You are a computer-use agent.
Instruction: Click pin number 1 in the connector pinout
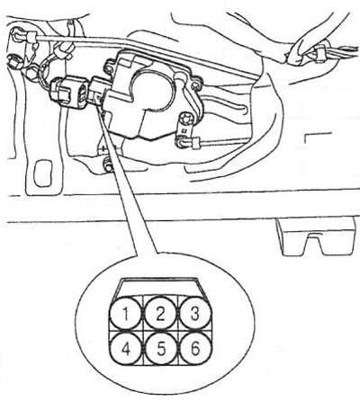coord(125,314)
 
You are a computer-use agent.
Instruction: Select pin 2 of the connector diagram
coord(160,314)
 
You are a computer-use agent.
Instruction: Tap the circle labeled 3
coord(195,314)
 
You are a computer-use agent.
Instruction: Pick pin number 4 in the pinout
coord(126,348)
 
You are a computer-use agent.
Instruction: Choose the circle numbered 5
coord(161,348)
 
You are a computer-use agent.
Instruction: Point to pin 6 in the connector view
coord(195,348)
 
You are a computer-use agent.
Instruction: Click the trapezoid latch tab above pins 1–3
coord(160,287)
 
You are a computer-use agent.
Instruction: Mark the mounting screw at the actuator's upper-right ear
coord(195,85)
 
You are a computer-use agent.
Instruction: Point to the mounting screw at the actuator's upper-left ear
coord(109,67)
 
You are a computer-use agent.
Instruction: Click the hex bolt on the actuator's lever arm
coord(187,118)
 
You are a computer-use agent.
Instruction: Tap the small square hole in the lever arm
coord(183,131)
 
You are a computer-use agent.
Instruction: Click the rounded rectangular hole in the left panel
coord(43,174)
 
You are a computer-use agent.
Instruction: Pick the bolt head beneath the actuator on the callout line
coord(108,165)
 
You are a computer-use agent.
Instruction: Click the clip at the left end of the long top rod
coord(31,38)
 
